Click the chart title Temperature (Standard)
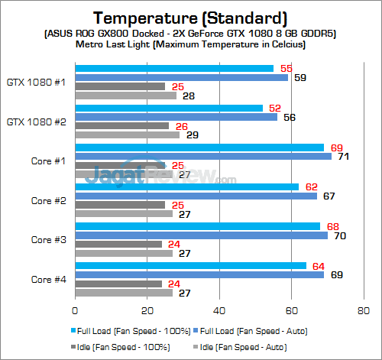[x=190, y=17]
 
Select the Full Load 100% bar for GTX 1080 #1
[x=173, y=69]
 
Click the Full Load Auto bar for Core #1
[x=202, y=156]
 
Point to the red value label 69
[x=336, y=146]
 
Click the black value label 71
[x=344, y=156]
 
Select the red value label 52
[x=275, y=108]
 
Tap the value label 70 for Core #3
[x=340, y=235]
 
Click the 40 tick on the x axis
[x=219, y=311]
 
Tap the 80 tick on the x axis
[x=363, y=311]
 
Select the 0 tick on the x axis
[x=74, y=311]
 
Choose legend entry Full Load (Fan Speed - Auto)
[x=244, y=331]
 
